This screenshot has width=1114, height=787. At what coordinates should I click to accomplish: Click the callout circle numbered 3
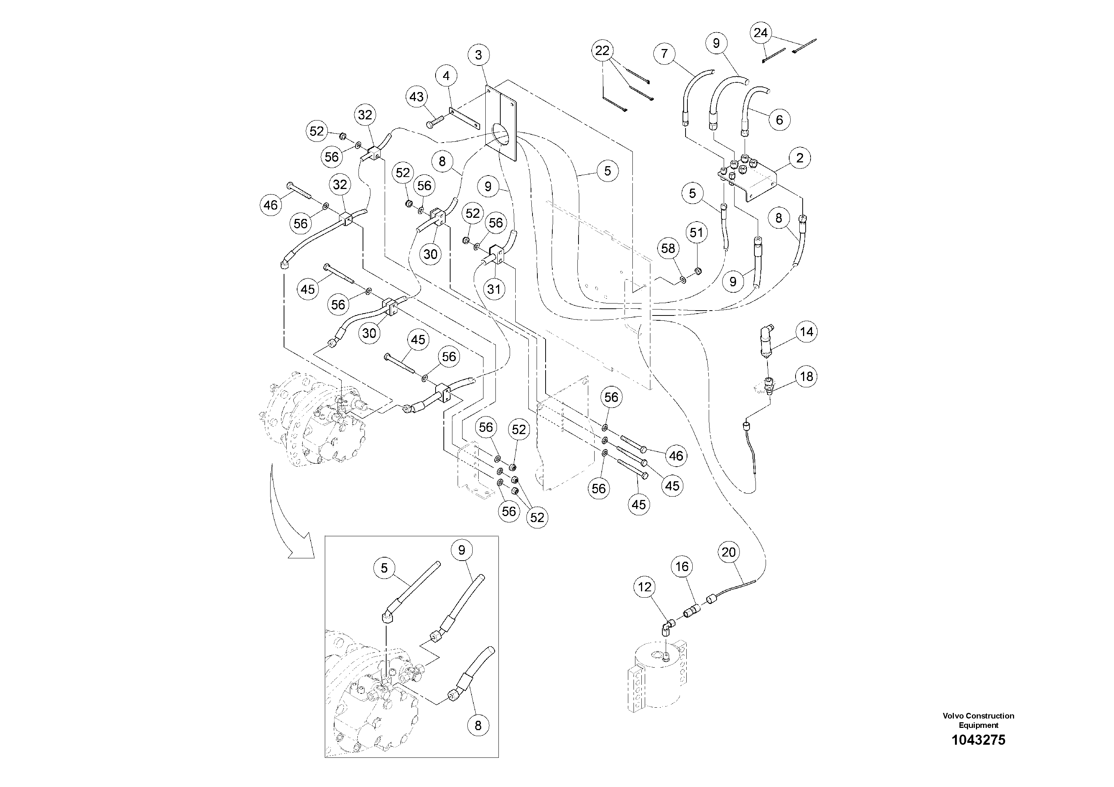coord(478,55)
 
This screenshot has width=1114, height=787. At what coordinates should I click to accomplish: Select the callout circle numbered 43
coord(416,97)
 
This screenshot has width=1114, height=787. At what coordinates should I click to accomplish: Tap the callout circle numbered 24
coord(760,33)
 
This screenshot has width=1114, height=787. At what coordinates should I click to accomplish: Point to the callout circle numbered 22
coord(602,51)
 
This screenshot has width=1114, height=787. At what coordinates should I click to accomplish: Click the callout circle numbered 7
coord(664,54)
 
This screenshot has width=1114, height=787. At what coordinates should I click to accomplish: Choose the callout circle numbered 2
coord(800,158)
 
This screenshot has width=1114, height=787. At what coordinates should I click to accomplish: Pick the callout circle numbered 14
coord(806,332)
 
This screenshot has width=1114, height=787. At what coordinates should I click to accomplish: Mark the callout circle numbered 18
coord(806,376)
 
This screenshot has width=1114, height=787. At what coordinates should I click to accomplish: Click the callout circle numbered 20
coord(729,552)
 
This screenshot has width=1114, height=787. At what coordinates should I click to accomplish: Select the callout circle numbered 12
coord(644,587)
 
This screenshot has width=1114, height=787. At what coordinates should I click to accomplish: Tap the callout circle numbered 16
coord(682,567)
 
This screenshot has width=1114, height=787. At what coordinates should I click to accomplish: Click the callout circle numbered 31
coord(494,290)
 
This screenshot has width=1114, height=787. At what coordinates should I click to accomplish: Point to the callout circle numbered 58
coord(668,248)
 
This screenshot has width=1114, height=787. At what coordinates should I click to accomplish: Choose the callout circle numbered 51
coord(696,233)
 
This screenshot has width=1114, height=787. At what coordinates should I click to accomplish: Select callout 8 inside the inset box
coord(478,726)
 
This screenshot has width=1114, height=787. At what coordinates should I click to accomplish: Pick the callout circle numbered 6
coord(779,120)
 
